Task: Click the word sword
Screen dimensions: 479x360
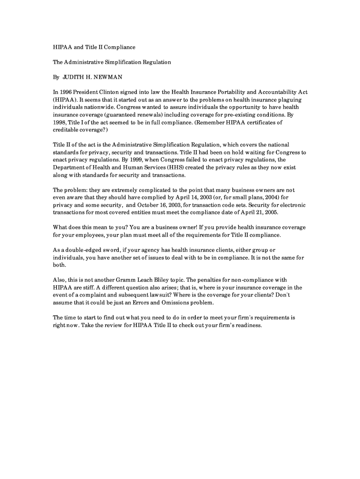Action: tap(109, 250)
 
